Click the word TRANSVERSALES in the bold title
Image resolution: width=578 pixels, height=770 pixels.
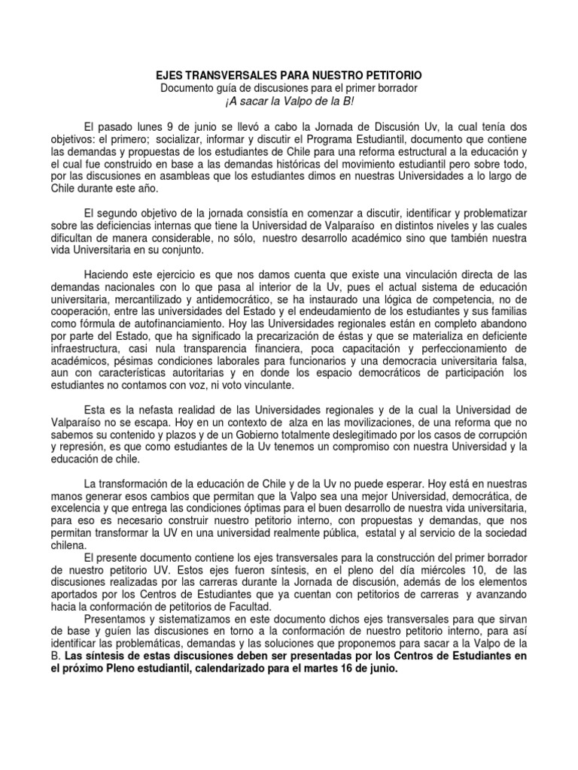[218, 77]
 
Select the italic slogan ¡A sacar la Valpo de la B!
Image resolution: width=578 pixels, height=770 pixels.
[289, 102]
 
